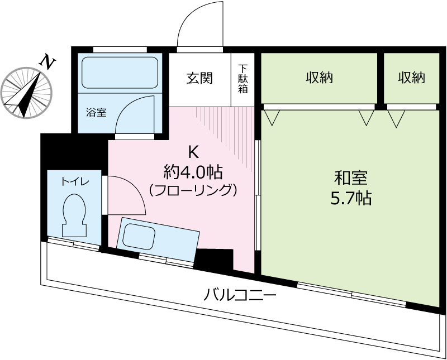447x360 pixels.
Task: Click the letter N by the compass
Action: pos(49,61)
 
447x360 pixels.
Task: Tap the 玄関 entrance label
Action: pos(199,78)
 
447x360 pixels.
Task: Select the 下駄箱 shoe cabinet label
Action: pos(242,79)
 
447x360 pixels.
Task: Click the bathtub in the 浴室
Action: pos(120,73)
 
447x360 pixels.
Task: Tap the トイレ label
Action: pos(75,181)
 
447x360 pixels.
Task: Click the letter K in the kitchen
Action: pos(193,151)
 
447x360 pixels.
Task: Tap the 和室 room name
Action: pos(350,178)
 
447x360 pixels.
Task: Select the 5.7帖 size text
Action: pos(350,198)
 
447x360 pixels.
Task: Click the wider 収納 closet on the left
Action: pos(319,78)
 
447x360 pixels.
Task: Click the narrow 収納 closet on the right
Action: pos(411,78)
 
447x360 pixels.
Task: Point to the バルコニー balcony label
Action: pos(240,294)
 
